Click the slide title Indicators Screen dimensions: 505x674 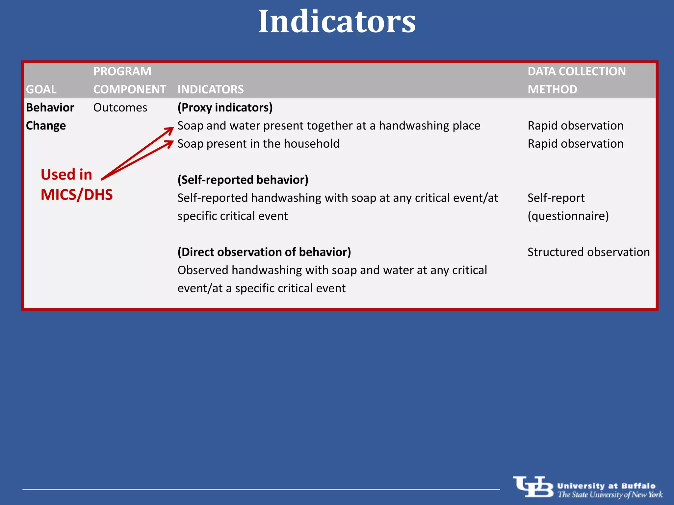pyautogui.click(x=337, y=22)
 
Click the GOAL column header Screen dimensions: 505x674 pyautogui.click(x=41, y=89)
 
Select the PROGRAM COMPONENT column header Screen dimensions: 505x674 pyautogui.click(x=129, y=81)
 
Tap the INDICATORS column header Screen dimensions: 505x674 pyautogui.click(x=211, y=89)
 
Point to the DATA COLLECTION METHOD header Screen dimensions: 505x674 pyautogui.click(x=577, y=81)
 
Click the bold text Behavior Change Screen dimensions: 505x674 pyautogui.click(x=50, y=116)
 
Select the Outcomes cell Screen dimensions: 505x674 pyautogui.click(x=120, y=108)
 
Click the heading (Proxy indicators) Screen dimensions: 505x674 pyautogui.click(x=225, y=108)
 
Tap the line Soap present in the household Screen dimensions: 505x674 pyautogui.click(x=258, y=144)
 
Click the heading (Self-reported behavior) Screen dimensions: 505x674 pyautogui.click(x=243, y=180)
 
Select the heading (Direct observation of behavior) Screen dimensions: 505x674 pyautogui.click(x=264, y=252)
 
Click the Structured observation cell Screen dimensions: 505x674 pyautogui.click(x=588, y=252)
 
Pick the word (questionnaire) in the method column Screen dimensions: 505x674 pyautogui.click(x=568, y=216)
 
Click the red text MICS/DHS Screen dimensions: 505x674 pyautogui.click(x=77, y=195)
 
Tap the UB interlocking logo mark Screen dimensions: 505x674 pyautogui.click(x=533, y=487)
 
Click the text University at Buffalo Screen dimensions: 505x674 pyautogui.click(x=606, y=486)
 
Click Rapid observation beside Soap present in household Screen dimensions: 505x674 pyautogui.click(x=575, y=144)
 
